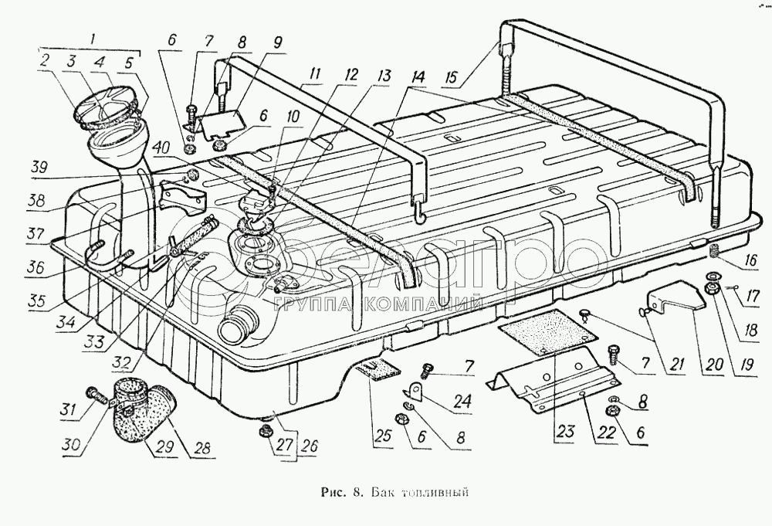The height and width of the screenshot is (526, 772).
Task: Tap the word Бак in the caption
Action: [x=384, y=491]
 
